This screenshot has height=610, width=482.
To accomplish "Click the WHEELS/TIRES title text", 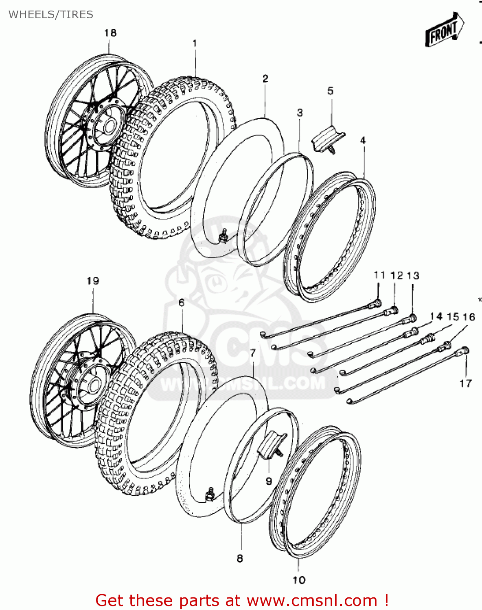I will point(50,15).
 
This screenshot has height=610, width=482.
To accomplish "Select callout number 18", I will point(110,33).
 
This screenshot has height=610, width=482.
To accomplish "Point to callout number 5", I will point(330,91).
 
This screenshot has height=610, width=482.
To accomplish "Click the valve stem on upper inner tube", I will point(223,235).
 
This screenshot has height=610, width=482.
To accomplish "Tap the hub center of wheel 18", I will point(108,126).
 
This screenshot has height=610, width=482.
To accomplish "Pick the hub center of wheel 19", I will point(93,384).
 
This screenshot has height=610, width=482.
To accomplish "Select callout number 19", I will point(93,281).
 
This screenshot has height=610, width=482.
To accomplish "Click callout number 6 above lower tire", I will point(181,303).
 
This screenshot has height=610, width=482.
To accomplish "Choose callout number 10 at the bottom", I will point(299,580).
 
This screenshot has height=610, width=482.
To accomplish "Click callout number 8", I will point(240,558).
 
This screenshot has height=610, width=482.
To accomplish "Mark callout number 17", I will point(465,383).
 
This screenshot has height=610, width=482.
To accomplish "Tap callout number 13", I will point(413,276).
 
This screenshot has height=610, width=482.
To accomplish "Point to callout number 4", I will point(363,140).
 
